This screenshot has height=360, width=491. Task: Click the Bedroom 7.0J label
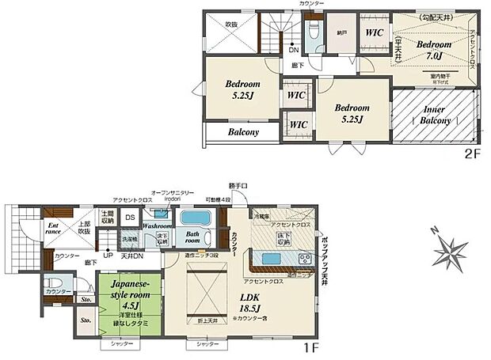point(434,51)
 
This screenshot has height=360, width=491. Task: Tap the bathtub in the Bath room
point(193,218)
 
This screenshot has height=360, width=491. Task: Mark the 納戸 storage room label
point(341,34)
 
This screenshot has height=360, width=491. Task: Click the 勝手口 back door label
point(238,185)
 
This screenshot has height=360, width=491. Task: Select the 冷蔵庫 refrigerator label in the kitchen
point(262,215)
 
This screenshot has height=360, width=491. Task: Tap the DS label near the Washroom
point(130,218)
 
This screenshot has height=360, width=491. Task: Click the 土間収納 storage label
point(106,217)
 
